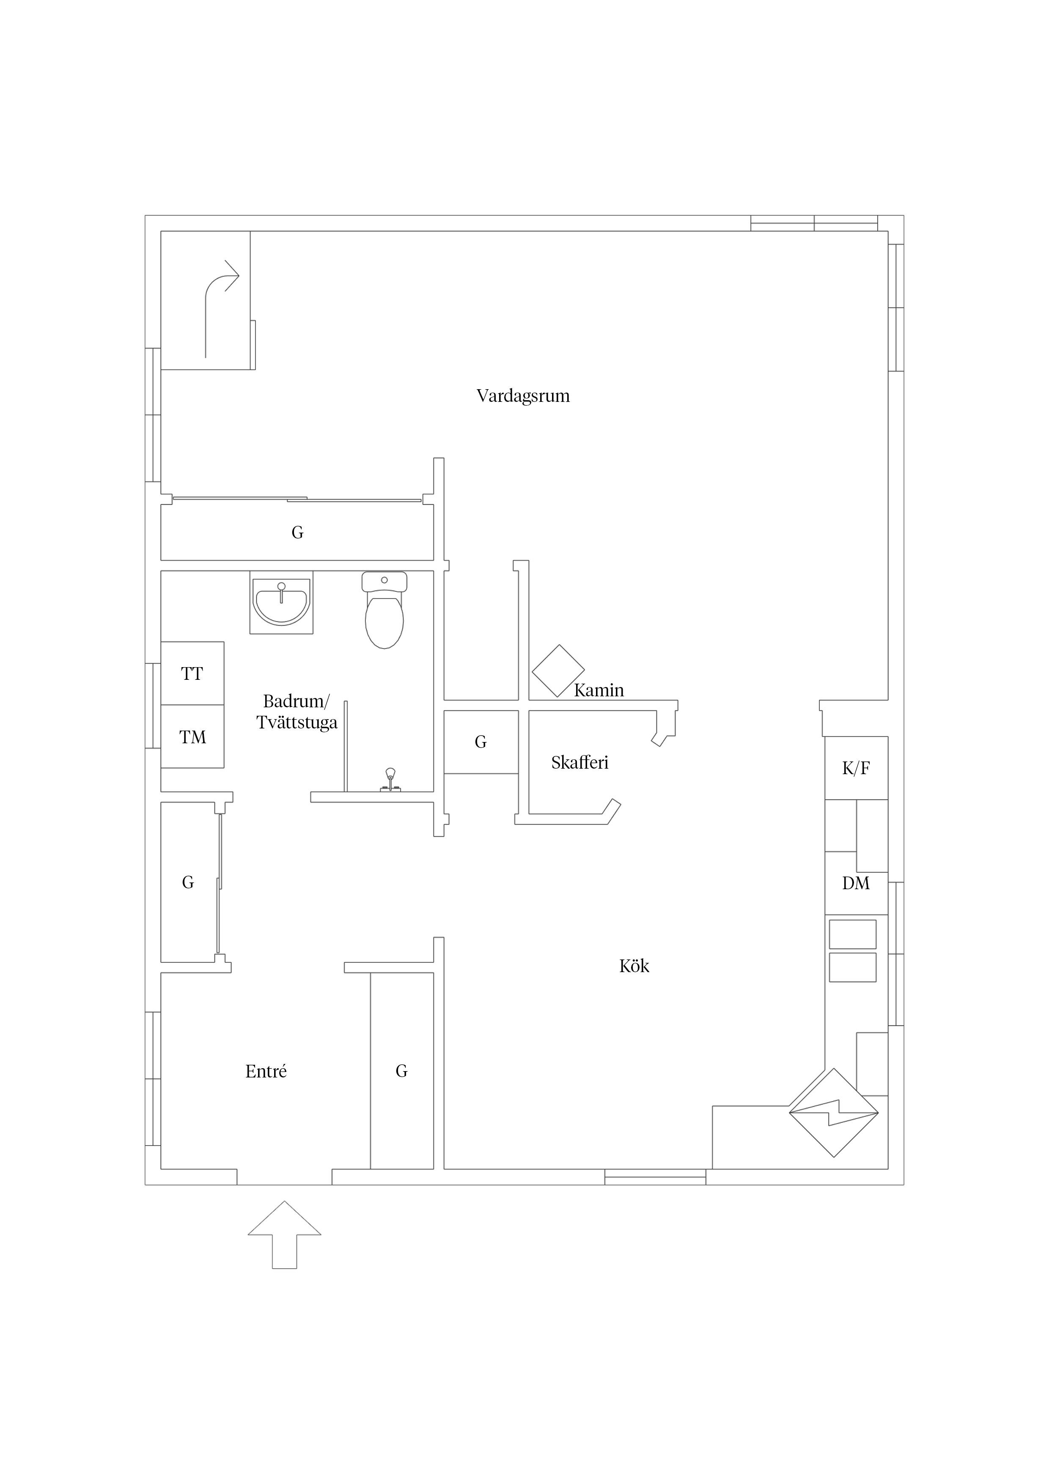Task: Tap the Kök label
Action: tap(634, 966)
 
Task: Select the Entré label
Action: tap(266, 1071)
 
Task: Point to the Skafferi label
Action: tap(580, 762)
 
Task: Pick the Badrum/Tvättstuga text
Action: tap(297, 712)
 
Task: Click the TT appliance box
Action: tap(192, 673)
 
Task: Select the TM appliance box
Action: tap(192, 736)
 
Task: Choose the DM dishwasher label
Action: tap(856, 883)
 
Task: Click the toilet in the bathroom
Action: tap(384, 610)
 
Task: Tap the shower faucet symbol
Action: tap(390, 780)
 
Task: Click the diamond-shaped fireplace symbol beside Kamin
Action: tap(558, 671)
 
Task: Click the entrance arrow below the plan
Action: tap(284, 1235)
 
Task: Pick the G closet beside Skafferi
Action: tap(481, 742)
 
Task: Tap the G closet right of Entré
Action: tap(401, 1071)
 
